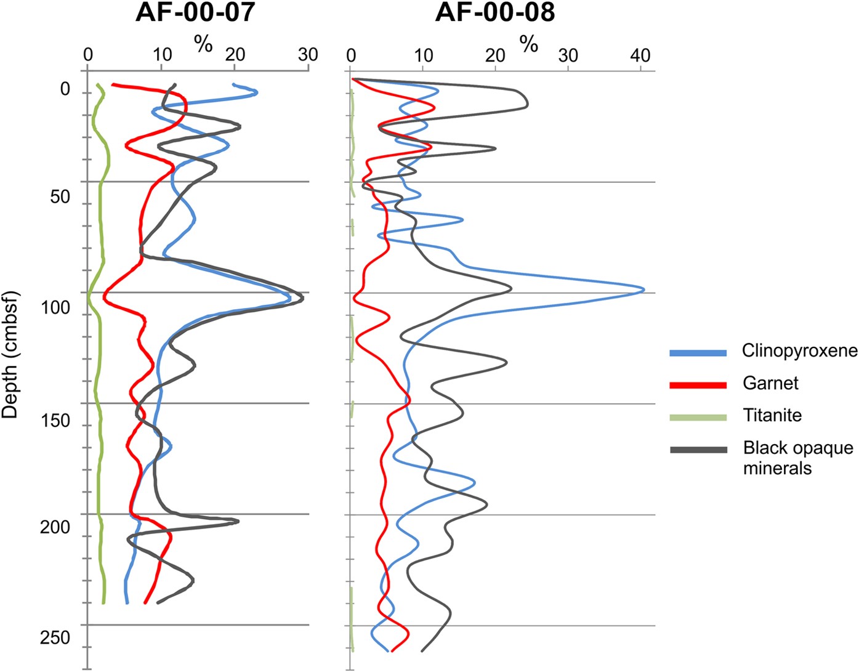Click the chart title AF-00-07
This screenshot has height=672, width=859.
[x=195, y=13]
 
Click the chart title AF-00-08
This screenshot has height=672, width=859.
[x=494, y=13]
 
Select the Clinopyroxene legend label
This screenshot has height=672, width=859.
[x=799, y=350]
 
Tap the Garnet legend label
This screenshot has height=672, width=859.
[x=770, y=383]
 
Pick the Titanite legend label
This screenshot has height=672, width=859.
[x=772, y=415]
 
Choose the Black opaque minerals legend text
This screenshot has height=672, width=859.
[x=798, y=458]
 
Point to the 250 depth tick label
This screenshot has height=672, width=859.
[x=55, y=638]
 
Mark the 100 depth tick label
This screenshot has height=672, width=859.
[x=55, y=308]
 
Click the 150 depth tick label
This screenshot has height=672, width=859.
[x=55, y=421]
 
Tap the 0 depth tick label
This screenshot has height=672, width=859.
[x=65, y=90]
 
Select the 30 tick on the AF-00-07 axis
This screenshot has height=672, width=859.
[x=308, y=55]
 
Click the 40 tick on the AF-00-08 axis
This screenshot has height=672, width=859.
[x=640, y=55]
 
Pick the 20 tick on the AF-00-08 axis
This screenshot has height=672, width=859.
[x=496, y=55]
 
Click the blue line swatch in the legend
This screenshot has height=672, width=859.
[x=698, y=353]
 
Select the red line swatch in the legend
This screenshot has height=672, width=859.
[x=698, y=385]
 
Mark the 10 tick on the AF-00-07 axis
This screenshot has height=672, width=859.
[x=163, y=55]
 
